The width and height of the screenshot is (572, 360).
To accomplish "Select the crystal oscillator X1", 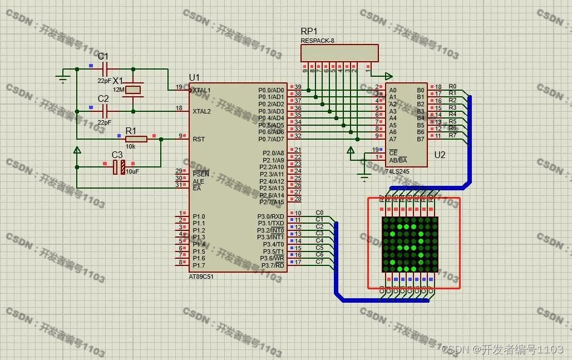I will pyautogui.click(x=133, y=90).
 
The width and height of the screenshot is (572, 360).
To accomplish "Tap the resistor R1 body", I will pyautogui.click(x=136, y=139).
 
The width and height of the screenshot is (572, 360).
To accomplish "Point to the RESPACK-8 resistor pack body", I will pyautogui.click(x=339, y=53).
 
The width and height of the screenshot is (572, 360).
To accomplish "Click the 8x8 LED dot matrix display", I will pyautogui.click(x=410, y=244).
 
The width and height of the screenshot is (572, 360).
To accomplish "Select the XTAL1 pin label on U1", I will pyautogui.click(x=201, y=90).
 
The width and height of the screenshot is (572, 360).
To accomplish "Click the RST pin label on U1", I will pyautogui.click(x=199, y=139).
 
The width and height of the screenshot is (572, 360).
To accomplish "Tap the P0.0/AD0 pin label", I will pyautogui.click(x=271, y=90).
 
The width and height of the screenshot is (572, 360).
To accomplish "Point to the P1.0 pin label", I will pyautogui.click(x=199, y=216).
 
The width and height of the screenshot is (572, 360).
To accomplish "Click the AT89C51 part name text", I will pyautogui.click(x=201, y=277).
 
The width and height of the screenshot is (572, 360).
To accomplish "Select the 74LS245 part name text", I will pyautogui.click(x=396, y=171).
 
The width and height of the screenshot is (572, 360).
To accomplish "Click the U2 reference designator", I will pyautogui.click(x=440, y=155).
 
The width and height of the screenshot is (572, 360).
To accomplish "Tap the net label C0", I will pyautogui.click(x=319, y=213).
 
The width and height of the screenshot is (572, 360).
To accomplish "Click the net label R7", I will pyautogui.click(x=452, y=135).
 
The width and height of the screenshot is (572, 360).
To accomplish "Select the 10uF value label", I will pyautogui.click(x=132, y=172).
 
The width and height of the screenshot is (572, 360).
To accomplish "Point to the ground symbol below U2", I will pyautogui.click(x=364, y=178).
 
